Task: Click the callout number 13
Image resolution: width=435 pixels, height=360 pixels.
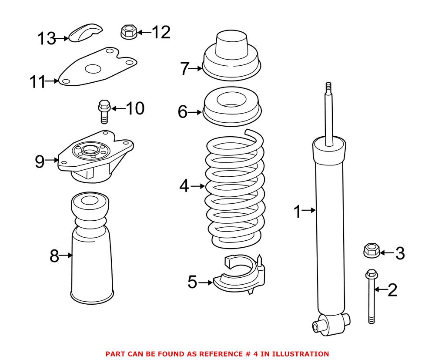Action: tap(46, 39)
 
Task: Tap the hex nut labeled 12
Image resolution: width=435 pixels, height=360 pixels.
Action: tap(128, 32)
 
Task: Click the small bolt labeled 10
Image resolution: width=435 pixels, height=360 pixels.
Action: tap(104, 111)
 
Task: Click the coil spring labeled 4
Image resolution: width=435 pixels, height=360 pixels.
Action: tap(235, 187)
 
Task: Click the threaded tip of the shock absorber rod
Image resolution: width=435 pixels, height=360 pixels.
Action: tap(329, 87)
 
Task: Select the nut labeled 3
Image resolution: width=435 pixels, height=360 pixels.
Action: tap(371, 251)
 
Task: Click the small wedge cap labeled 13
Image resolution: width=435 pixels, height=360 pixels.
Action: tap(85, 34)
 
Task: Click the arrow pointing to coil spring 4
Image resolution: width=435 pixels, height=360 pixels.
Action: tap(197, 186)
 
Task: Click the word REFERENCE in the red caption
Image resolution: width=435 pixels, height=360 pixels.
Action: tap(211, 354)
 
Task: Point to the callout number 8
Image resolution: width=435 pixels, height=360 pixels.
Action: tap(54, 256)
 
